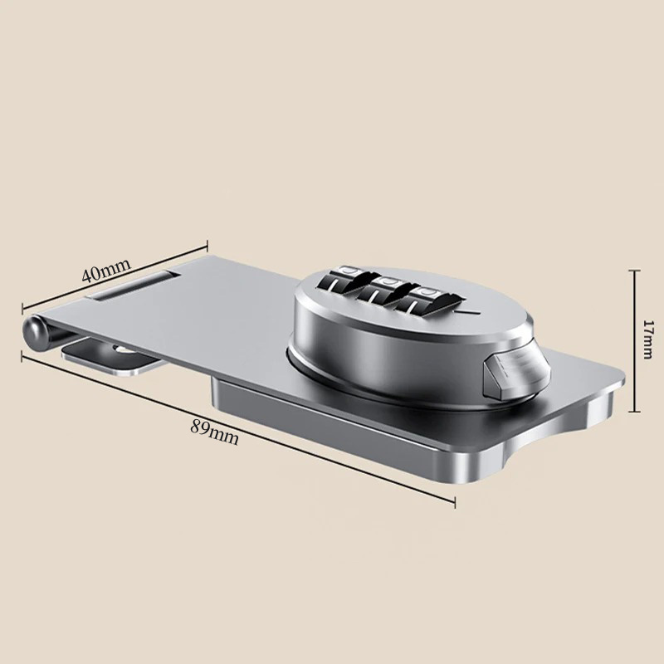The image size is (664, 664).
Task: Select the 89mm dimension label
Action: (x=214, y=432)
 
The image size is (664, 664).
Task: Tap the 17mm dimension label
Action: (x=648, y=339)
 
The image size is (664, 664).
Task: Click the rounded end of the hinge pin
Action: (x=34, y=334)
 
